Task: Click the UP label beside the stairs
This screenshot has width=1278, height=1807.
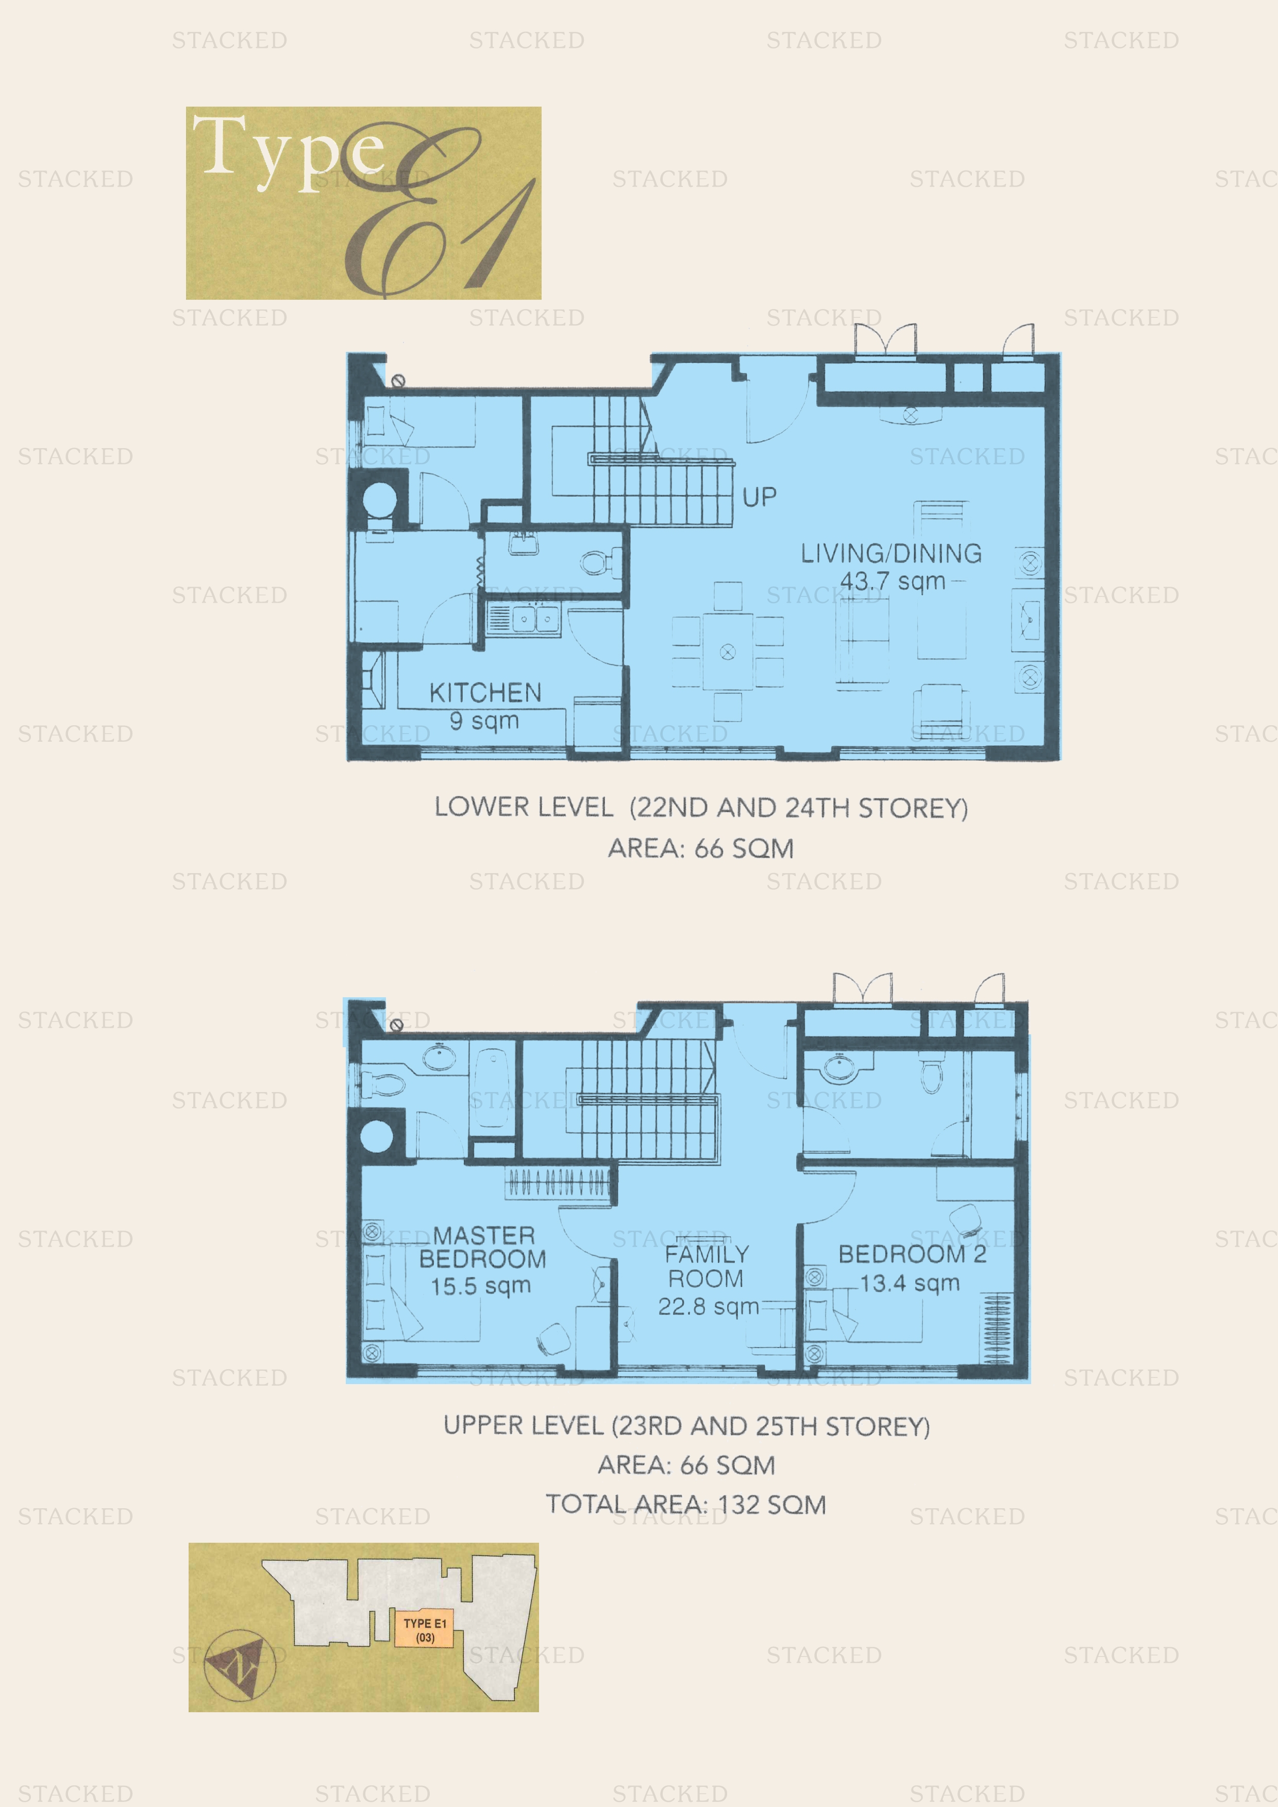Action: coord(759,497)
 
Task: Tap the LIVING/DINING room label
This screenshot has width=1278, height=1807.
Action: coord(892,553)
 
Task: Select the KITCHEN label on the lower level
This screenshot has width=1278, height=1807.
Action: coord(485,693)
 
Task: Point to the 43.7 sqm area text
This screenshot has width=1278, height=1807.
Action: coord(893,582)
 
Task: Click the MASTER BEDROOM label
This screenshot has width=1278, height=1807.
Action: coord(482,1247)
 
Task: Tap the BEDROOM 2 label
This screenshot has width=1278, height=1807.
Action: coord(912,1254)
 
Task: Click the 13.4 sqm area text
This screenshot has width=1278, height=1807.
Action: coord(910,1283)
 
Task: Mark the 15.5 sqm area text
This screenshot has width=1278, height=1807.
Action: coord(480,1286)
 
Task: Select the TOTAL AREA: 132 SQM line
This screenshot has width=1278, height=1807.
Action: coord(686,1504)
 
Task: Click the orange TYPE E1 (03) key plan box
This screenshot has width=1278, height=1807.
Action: coord(425,1630)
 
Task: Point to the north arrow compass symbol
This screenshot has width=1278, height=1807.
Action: coord(240,1664)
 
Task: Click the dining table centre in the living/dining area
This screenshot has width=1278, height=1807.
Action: coord(728,652)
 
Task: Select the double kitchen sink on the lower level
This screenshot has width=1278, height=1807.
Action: coord(535,619)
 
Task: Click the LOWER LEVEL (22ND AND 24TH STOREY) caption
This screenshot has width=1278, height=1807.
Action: coord(701,808)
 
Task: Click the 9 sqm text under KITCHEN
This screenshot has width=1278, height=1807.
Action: coord(484,720)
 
